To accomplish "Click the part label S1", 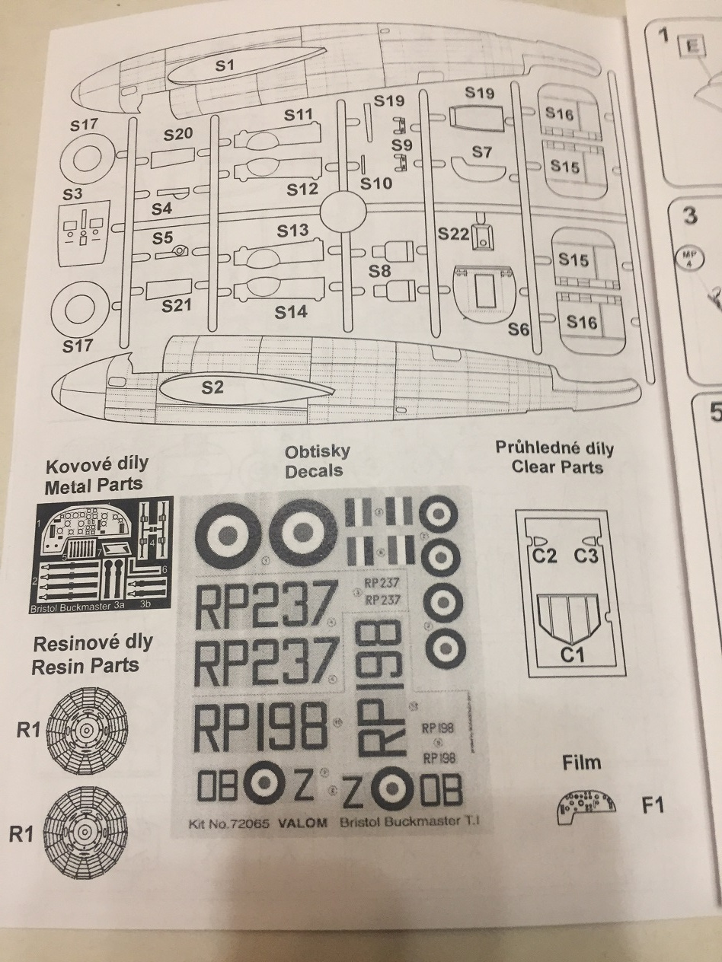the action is click(x=223, y=65).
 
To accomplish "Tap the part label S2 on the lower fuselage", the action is click(x=213, y=388).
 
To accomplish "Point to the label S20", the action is click(x=178, y=134).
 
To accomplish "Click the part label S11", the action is click(x=299, y=115).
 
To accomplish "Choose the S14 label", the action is click(x=291, y=311).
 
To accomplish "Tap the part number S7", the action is click(x=481, y=152).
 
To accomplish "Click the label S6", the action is click(x=519, y=329).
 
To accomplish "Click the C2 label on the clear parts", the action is click(x=545, y=556).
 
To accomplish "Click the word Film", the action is click(x=581, y=763).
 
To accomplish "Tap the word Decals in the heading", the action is click(x=314, y=471).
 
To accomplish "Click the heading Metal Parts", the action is click(x=94, y=487).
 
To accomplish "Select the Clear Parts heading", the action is click(x=557, y=467).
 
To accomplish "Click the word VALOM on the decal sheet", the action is click(x=303, y=823).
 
